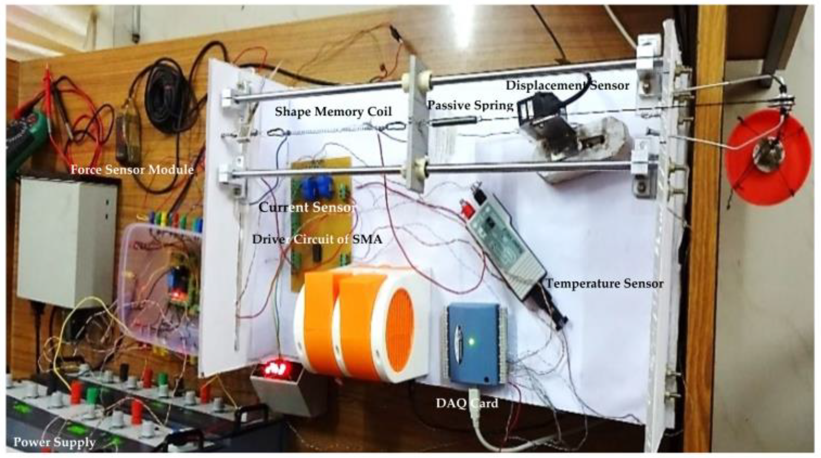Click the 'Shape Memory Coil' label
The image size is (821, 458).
point(333,111)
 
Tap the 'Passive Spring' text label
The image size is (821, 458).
point(470,105)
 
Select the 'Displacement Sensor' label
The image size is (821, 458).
point(567,86)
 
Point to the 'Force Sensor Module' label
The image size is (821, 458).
point(132,169)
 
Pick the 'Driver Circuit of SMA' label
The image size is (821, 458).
point(317,239)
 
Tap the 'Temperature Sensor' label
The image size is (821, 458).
point(604,284)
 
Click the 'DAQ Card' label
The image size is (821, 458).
point(467,403)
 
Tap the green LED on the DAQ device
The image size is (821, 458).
point(471,341)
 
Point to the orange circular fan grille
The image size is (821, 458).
point(400,330)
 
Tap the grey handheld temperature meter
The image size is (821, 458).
point(506,246)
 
